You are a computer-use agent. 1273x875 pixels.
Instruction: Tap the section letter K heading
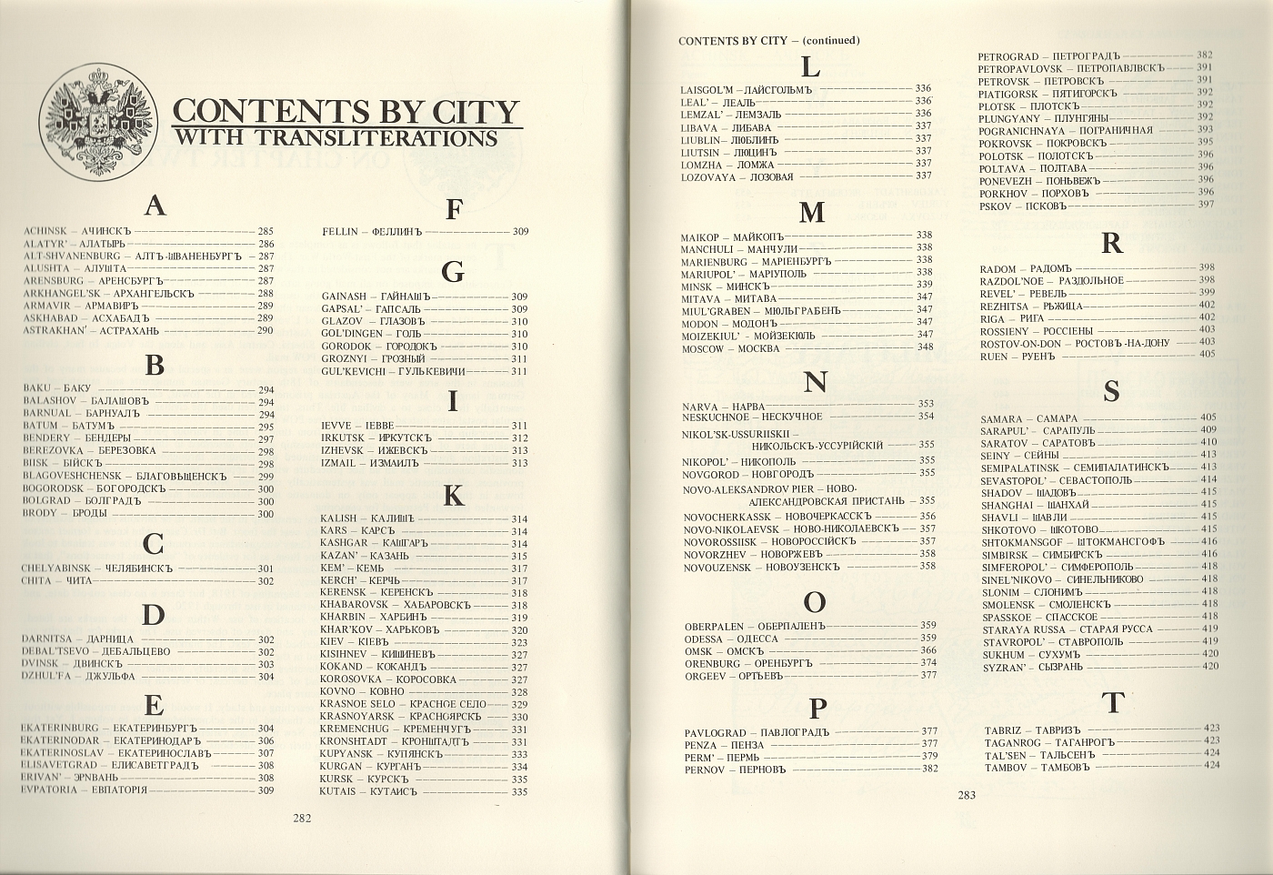(452, 496)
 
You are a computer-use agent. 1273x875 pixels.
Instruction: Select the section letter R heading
(1111, 244)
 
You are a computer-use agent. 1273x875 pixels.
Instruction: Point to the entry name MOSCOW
(701, 348)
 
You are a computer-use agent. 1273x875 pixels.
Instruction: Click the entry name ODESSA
(703, 639)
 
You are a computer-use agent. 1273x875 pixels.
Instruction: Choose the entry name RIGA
(992, 318)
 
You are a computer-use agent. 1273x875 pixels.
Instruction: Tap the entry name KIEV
(332, 642)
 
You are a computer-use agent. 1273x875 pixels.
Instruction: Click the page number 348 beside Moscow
(925, 347)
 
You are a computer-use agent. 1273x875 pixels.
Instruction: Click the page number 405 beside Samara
(1208, 417)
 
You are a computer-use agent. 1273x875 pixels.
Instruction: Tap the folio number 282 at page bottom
(303, 818)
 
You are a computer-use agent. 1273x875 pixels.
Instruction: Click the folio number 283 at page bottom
(966, 796)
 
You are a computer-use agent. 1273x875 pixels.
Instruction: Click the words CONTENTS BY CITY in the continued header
(732, 41)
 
